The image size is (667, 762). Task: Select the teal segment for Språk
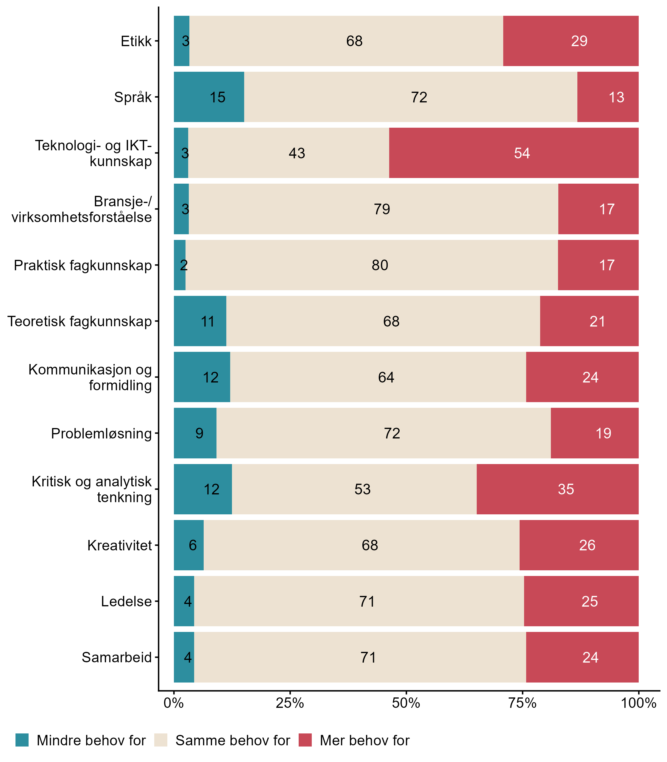[x=209, y=97]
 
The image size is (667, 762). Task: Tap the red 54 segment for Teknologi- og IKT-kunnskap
[x=514, y=153]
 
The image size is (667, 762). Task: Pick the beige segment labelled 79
[x=373, y=209]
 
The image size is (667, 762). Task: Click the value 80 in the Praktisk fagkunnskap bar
[x=380, y=265]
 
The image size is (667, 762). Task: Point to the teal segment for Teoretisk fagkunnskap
[x=200, y=321]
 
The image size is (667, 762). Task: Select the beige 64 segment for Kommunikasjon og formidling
[x=378, y=377]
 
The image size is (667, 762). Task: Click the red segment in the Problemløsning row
[x=594, y=433]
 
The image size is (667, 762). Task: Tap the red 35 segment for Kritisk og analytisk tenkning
[x=557, y=489]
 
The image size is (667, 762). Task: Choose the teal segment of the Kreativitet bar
[x=189, y=545]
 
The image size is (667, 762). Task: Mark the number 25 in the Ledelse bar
[x=590, y=602]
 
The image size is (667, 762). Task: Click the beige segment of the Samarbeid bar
[x=360, y=658]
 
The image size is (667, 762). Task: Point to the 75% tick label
[x=522, y=703]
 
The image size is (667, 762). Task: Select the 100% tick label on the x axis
[x=638, y=703]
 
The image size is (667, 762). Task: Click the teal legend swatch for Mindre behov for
[x=22, y=740]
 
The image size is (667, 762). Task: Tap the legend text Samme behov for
[x=233, y=741]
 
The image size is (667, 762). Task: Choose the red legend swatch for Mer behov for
[x=305, y=740]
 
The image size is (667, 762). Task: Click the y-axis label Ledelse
[x=126, y=602]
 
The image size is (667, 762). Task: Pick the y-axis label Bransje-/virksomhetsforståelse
[x=82, y=209]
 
